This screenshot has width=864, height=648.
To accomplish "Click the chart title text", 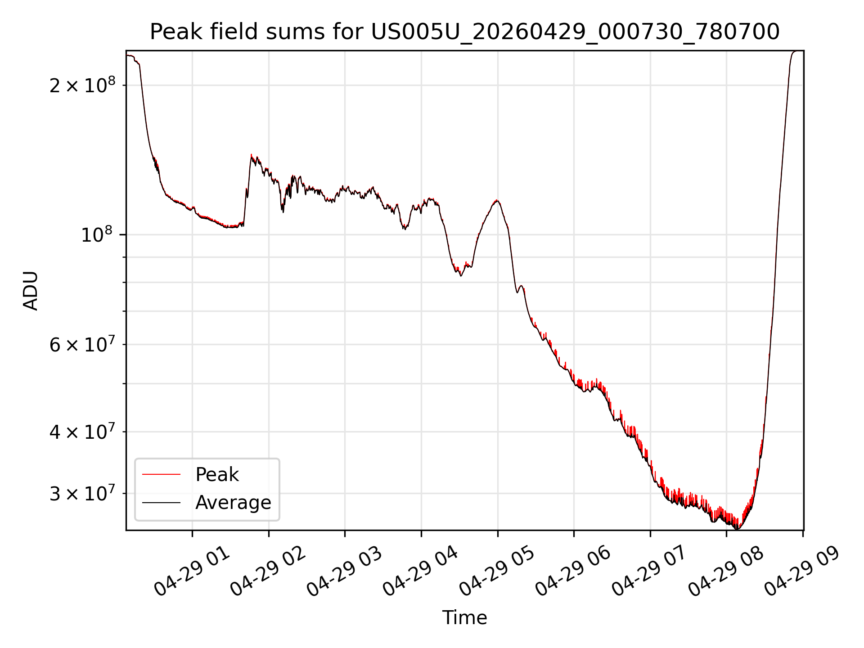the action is [x=464, y=32].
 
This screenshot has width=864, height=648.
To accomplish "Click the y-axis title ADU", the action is [x=31, y=291].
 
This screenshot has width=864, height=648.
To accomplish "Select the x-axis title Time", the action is [x=464, y=618].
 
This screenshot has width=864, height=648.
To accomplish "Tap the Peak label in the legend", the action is [x=217, y=475].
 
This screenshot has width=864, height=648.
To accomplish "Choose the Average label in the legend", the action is [x=233, y=503].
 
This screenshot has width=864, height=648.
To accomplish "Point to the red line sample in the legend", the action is [x=161, y=474].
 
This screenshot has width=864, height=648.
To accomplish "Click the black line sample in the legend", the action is [x=161, y=503].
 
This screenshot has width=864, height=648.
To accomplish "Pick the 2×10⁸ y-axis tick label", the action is [x=82, y=85].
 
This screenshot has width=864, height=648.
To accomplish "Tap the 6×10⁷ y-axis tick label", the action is [x=82, y=345].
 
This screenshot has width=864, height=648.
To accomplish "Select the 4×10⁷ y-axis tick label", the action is [x=82, y=432].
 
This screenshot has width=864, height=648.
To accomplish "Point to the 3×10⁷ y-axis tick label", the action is [x=82, y=494].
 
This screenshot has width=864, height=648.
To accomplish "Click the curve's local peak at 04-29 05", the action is [x=497, y=201].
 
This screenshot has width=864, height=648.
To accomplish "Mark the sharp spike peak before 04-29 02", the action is [x=252, y=155].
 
